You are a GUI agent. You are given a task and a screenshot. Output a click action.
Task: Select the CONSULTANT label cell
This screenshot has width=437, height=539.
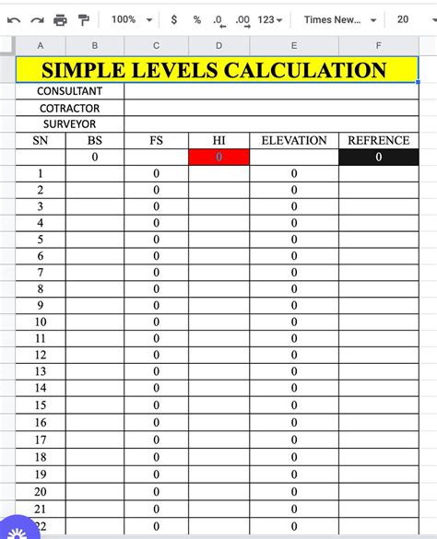pos(69,91)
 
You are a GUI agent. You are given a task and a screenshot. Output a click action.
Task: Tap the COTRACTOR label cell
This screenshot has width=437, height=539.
pos(69,108)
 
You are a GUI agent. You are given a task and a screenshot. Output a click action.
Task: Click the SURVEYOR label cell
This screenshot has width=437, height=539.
pos(69,124)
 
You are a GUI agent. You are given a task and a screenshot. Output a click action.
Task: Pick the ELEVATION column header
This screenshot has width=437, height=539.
pos(294,141)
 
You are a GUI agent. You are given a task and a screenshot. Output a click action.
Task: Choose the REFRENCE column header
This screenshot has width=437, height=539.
pos(379,141)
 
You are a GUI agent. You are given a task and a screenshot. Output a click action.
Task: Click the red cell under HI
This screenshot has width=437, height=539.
pos(218,158)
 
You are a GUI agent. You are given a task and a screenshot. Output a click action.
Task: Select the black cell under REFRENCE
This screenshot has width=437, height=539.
pos(379,158)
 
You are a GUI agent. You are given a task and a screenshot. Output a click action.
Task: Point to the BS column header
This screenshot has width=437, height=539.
pos(95,141)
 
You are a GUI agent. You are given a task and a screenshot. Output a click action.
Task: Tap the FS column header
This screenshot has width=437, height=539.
pos(156,141)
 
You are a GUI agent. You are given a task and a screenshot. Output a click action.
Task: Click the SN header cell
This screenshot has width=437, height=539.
pos(41,141)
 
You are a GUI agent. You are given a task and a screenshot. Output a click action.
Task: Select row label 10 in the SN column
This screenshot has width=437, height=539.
pos(41,322)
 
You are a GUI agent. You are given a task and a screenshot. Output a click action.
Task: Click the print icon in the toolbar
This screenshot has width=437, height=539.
pos(60,19)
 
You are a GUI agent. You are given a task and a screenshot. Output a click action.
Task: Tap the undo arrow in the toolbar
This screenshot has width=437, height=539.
pos(14,19)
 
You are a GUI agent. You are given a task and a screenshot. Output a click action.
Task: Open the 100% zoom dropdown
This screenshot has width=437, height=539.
pos(129,19)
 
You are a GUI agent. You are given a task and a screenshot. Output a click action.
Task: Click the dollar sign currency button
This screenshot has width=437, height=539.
pos(173,19)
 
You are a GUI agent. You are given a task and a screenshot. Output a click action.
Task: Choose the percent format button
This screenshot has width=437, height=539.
pos(196,19)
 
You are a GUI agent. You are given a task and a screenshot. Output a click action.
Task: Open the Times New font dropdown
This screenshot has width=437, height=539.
pos(339,19)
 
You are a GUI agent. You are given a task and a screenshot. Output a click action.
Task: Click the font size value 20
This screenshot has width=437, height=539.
pos(403,19)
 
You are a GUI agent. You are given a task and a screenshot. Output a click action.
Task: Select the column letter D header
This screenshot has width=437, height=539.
pos(218,45)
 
